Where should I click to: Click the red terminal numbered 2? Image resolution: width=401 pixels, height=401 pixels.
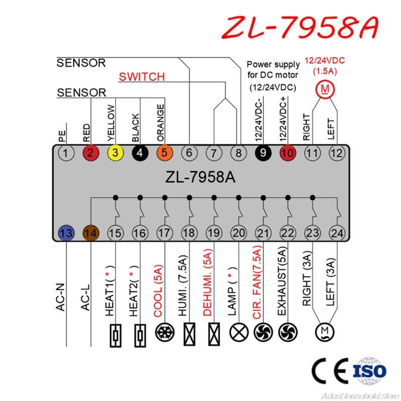coord(91,153)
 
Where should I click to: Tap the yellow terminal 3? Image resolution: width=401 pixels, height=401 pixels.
coord(115,153)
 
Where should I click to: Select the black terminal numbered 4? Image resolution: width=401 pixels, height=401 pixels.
coord(140,153)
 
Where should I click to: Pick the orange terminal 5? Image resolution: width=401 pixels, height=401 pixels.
coord(164,153)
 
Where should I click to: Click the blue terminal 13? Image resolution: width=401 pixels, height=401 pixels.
coord(66,233)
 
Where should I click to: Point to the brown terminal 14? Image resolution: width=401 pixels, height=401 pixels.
coord(91,233)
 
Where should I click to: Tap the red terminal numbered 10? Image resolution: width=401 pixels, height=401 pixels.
coord(288,153)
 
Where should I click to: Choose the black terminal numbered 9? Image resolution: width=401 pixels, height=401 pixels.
coord(263,153)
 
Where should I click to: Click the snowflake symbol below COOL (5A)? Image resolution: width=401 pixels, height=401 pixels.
coord(164,332)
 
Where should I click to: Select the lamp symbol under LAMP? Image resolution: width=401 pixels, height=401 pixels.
coord(239,332)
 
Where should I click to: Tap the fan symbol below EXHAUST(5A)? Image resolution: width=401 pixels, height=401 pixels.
coord(288,332)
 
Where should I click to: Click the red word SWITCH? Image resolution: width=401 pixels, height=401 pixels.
coord(141,77)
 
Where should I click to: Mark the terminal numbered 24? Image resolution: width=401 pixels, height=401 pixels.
coord(337,233)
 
